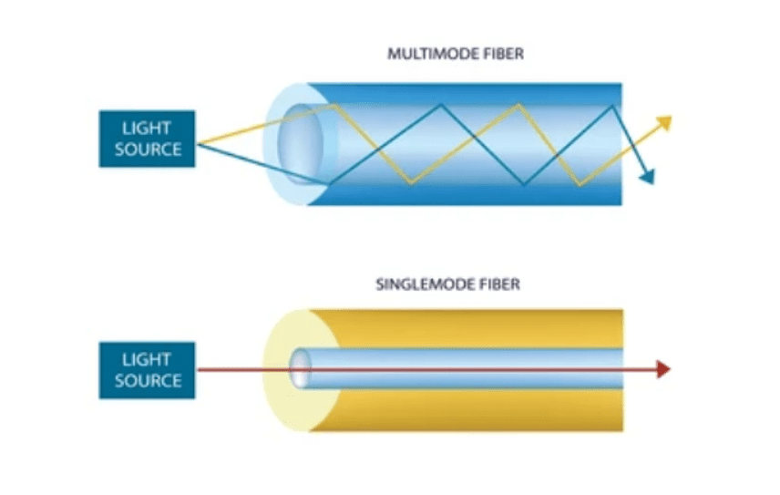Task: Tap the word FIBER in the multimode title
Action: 504,55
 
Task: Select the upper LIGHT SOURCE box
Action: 147,139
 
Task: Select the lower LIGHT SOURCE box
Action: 147,369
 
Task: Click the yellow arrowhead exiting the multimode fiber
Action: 664,121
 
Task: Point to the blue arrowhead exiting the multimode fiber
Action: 647,177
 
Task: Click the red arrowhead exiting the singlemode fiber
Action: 662,369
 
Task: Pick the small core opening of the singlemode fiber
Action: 301,368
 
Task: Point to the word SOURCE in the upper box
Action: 147,150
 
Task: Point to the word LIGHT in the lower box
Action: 147,359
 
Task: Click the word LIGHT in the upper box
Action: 147,129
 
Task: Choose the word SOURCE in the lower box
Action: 147,380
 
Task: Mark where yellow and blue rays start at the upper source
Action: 198,144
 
